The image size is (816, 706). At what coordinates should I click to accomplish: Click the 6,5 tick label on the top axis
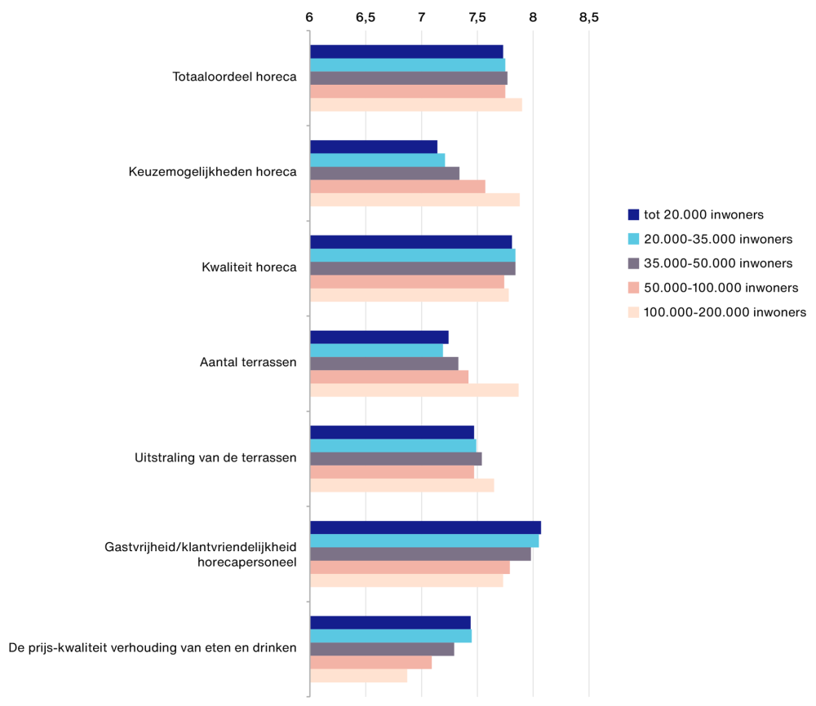click(366, 16)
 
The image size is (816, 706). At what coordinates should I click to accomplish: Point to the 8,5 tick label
click(588, 16)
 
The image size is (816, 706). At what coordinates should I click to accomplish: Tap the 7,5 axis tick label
click(477, 16)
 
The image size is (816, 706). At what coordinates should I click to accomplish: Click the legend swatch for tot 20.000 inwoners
click(633, 215)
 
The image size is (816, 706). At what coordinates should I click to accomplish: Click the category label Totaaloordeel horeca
click(234, 77)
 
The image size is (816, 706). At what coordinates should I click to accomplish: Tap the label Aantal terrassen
click(248, 363)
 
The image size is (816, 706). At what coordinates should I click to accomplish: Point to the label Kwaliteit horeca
click(249, 267)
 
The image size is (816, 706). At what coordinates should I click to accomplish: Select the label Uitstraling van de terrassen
click(215, 457)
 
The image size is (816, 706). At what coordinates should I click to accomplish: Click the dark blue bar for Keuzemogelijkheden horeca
click(374, 147)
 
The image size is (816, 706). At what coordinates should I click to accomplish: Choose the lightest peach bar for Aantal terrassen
click(414, 391)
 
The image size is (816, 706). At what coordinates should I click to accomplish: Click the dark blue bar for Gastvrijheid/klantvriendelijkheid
click(425, 527)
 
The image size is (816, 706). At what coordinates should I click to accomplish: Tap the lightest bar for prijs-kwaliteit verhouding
click(358, 676)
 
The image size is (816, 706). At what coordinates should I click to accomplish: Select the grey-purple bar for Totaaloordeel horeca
click(408, 78)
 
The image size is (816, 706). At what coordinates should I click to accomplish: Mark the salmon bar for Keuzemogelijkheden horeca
click(397, 187)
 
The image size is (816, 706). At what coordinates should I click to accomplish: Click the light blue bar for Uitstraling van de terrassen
click(392, 446)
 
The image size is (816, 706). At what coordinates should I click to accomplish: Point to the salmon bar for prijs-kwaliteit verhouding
click(370, 663)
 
